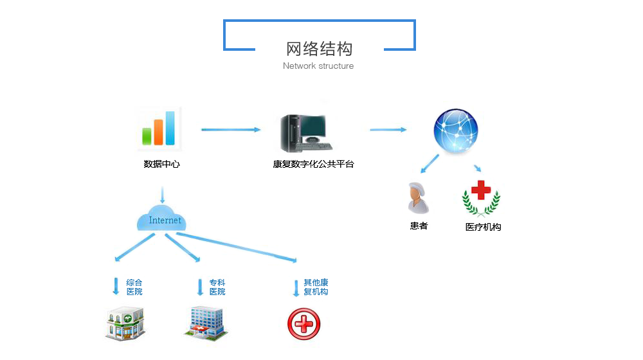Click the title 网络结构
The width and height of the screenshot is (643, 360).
[319, 49]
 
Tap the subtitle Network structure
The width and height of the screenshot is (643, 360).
[318, 66]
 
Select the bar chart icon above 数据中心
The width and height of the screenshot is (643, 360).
[159, 129]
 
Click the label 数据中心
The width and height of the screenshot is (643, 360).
[161, 164]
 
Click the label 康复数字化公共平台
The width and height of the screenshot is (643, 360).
[313, 164]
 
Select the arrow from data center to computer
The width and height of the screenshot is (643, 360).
[230, 130]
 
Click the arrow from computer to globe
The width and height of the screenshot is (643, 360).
[388, 130]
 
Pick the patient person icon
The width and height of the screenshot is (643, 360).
[418, 197]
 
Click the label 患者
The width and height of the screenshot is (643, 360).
[419, 226]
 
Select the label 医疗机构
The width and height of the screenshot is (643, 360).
[483, 227]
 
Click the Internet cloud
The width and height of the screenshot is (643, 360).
[161, 219]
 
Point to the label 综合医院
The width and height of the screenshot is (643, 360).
[134, 287]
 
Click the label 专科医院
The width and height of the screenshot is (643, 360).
[217, 287]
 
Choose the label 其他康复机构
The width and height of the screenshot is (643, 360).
[316, 287]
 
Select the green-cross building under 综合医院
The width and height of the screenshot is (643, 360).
[125, 323]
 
